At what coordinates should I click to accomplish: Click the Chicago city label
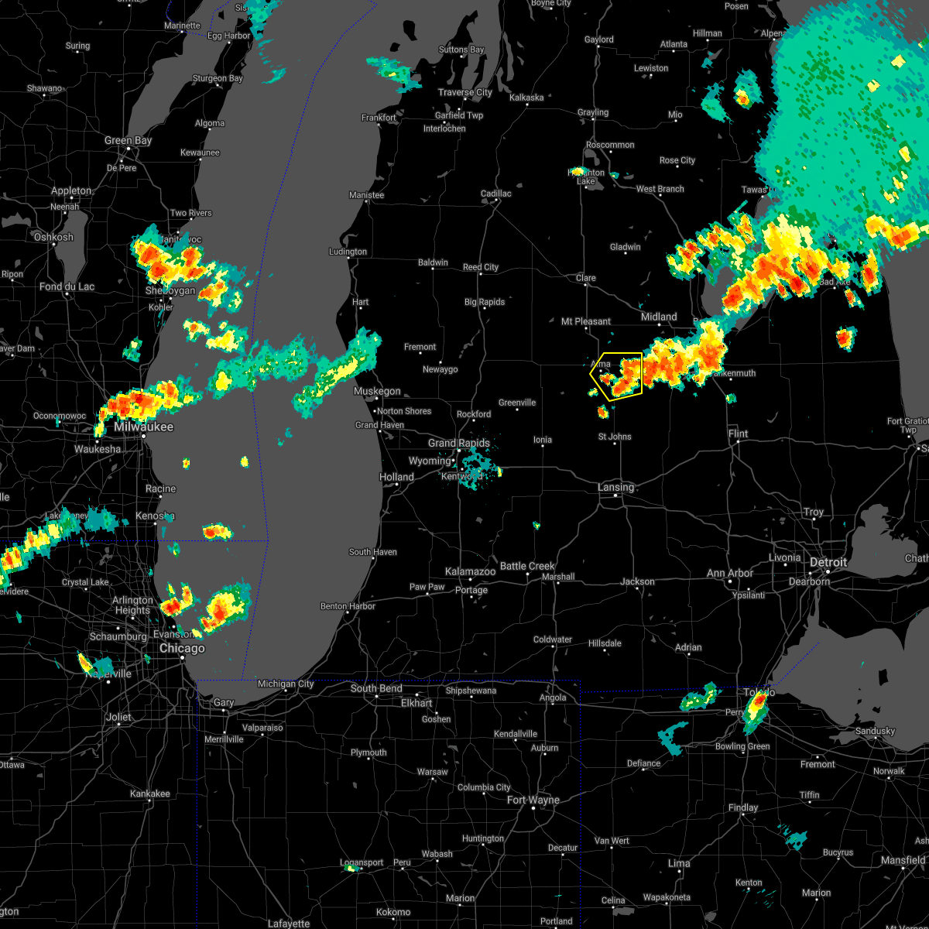point(182,649)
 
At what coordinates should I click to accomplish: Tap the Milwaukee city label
point(143,427)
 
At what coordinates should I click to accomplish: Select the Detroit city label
point(828,562)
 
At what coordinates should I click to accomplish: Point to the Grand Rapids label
point(459,444)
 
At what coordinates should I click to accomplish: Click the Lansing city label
point(615,487)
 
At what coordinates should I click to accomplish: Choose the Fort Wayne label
point(533,800)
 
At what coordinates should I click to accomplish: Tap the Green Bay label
point(129,141)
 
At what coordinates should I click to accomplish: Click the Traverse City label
point(464,93)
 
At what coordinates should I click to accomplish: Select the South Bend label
point(376,688)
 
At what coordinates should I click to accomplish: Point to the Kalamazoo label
point(470,572)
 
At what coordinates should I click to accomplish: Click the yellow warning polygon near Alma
point(619,375)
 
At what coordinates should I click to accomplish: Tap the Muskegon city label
point(377,392)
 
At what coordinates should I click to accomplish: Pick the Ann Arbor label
point(729,574)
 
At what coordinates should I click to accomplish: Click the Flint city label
point(738,434)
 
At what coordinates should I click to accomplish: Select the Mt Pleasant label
point(586,321)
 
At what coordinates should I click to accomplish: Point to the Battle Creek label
point(527,566)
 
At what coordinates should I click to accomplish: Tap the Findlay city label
point(742,807)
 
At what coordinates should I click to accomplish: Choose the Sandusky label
point(875,731)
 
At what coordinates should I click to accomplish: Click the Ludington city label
point(348,252)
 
